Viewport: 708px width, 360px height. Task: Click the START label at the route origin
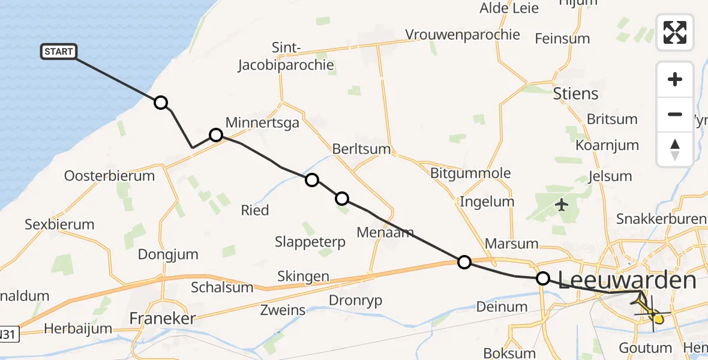tap(59, 52)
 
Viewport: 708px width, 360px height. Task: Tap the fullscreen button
tap(675, 32)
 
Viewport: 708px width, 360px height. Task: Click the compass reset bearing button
tap(675, 149)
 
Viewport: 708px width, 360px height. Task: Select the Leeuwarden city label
tap(627, 280)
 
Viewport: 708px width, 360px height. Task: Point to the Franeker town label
tap(163, 318)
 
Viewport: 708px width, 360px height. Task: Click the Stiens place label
tap(575, 94)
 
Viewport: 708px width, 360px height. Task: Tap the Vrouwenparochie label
tap(463, 34)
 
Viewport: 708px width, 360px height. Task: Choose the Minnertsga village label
tap(262, 122)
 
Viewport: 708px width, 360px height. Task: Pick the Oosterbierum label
tap(109, 176)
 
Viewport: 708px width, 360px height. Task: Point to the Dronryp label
tap(356, 300)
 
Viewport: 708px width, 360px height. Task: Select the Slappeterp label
tap(310, 242)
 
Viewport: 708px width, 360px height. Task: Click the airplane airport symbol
tap(562, 205)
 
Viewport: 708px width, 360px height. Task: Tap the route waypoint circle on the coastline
tap(161, 103)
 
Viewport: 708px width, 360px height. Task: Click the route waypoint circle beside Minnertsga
tap(216, 135)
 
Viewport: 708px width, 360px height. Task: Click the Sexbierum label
tap(59, 224)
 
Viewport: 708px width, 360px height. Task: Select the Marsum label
tap(511, 244)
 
